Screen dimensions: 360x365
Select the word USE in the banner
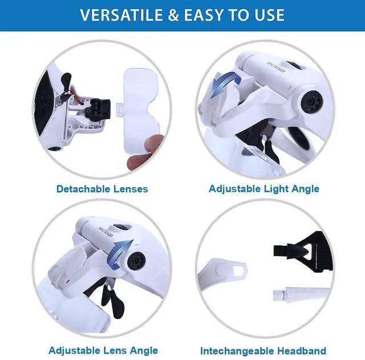point(268,15)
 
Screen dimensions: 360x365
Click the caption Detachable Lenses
point(102,188)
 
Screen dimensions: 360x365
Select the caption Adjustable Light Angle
point(264,188)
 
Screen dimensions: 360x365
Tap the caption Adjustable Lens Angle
point(103,350)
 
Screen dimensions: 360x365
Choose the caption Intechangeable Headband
point(263,350)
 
